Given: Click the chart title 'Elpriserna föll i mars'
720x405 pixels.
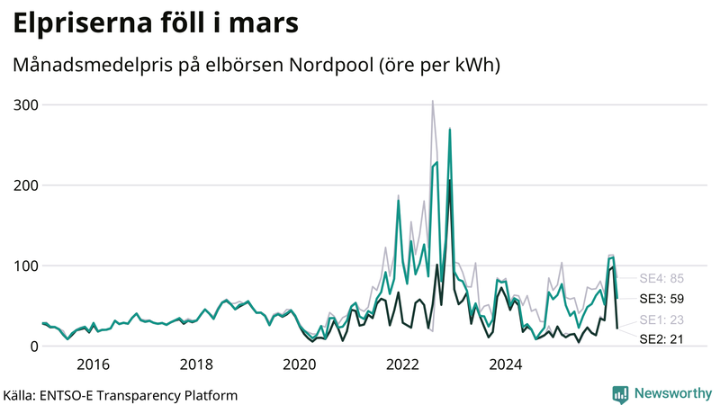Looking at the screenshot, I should (x=155, y=25).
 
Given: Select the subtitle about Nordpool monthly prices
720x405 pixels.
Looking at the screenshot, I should (x=256, y=66).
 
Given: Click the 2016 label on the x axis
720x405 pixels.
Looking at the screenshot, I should (x=93, y=364).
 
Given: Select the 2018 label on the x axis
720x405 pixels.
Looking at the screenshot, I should (x=196, y=364).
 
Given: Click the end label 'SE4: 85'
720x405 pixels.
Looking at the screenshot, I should (x=661, y=278).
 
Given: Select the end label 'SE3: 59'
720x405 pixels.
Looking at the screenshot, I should (x=661, y=298).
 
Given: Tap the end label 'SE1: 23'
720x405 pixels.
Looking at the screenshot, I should (x=661, y=319).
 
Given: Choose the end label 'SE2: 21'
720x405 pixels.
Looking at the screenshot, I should (x=661, y=339).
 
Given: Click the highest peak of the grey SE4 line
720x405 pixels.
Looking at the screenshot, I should (x=433, y=101).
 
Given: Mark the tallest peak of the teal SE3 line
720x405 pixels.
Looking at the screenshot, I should (x=449, y=130).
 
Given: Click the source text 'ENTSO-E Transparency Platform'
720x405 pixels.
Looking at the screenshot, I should (x=136, y=395).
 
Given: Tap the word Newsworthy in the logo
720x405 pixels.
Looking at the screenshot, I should (x=672, y=393).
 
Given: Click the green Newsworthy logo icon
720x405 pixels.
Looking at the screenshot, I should (x=620, y=393).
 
